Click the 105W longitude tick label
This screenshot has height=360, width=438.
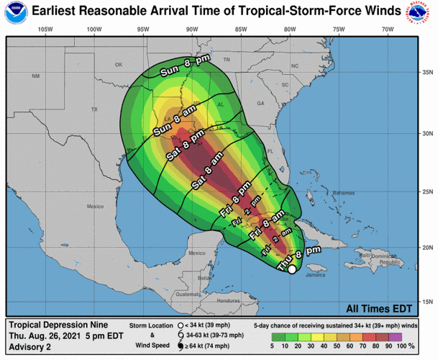[x=44, y=29]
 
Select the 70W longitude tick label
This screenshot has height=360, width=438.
[x=387, y=29]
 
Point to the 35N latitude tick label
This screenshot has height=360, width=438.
[x=426, y=72]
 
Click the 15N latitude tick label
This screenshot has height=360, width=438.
[x=426, y=302]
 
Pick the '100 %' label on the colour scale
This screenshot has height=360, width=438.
[x=417, y=346]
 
